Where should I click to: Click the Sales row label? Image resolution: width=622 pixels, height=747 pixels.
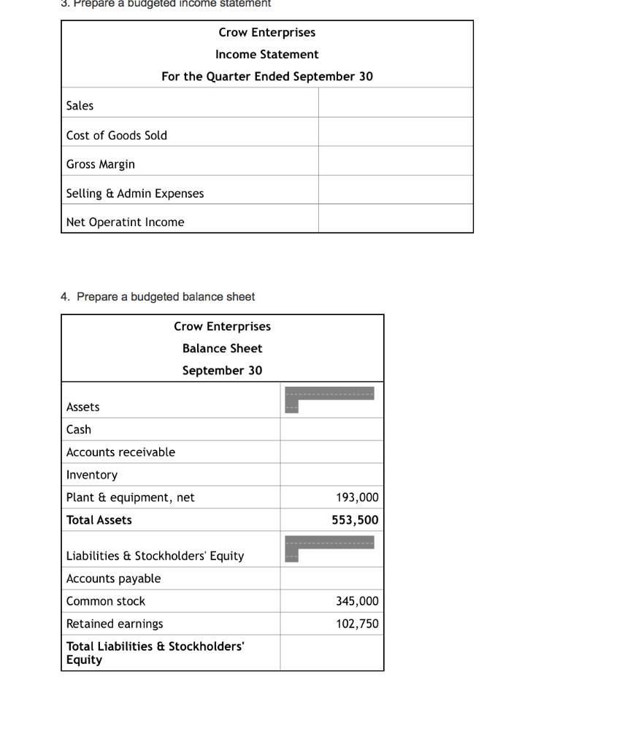[x=80, y=106]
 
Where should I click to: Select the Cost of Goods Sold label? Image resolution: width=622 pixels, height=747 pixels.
[x=117, y=136]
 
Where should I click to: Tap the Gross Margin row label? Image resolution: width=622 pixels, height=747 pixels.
[x=101, y=164]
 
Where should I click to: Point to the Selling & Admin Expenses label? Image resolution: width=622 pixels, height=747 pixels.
[x=135, y=193]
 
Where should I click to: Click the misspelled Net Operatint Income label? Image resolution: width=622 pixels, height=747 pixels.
[x=125, y=222]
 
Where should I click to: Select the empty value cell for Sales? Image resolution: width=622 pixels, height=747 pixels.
[x=395, y=103]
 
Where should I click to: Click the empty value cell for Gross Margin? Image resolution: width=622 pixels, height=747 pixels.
[x=395, y=161]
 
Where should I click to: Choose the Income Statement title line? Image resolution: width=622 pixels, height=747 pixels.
[x=266, y=55]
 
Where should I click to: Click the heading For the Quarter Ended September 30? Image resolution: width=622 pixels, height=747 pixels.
[x=266, y=77]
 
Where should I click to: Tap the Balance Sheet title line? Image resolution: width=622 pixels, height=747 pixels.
[x=222, y=349]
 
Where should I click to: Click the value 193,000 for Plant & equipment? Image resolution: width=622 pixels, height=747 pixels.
[x=357, y=498]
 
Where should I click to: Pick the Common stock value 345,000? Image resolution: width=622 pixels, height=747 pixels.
[x=357, y=601]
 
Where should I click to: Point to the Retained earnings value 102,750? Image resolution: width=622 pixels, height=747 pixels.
[x=357, y=624]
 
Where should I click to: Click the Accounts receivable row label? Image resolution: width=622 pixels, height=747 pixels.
[x=120, y=452]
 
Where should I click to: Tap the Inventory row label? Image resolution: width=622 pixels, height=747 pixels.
[x=92, y=475]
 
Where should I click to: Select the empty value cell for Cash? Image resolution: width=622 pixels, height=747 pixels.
[x=331, y=430]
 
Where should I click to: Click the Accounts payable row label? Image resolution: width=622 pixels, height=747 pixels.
[x=113, y=578]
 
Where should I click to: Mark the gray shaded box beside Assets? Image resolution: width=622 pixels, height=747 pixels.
[x=329, y=395]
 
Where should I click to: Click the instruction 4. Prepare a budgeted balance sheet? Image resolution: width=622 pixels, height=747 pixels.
[x=158, y=297]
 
